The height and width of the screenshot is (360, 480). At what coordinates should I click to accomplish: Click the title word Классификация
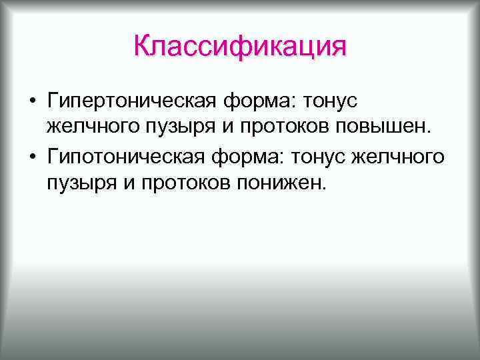coord(240,47)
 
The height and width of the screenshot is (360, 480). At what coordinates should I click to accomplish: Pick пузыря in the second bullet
coord(73,183)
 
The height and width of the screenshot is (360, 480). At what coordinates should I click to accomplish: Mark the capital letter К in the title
coord(141,47)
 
